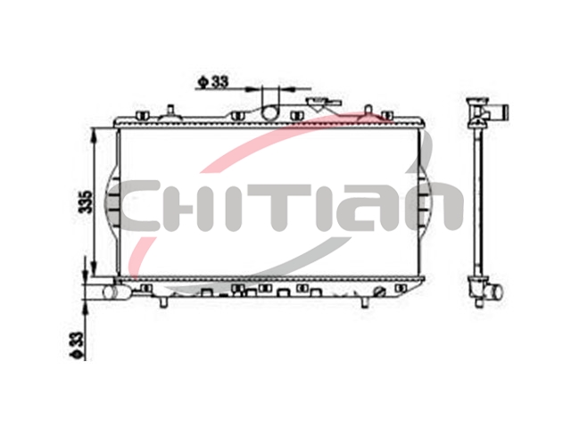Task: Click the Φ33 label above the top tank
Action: (x=213, y=83)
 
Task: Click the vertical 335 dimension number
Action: (x=87, y=202)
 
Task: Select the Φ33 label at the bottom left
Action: (x=77, y=345)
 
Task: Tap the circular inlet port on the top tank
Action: (x=270, y=112)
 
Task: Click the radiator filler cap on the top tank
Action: (x=323, y=104)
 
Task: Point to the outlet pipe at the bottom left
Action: (x=116, y=292)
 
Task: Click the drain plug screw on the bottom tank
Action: (x=379, y=292)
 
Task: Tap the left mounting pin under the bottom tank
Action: (x=164, y=302)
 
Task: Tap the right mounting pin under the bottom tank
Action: (x=365, y=302)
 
